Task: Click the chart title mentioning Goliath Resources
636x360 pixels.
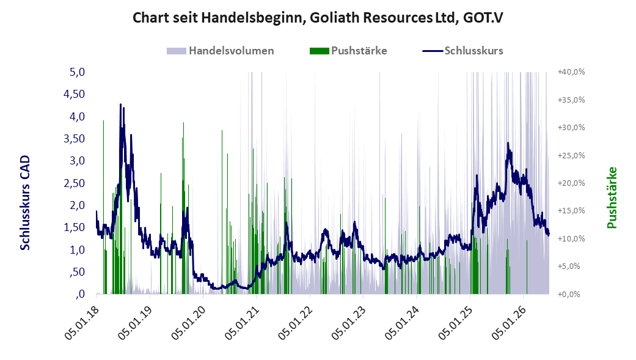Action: click(x=318, y=18)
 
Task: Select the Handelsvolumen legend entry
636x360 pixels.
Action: click(x=220, y=51)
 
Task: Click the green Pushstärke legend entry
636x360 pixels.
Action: click(x=348, y=51)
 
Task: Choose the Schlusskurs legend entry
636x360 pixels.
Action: click(x=463, y=51)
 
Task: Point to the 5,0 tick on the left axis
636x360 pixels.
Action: click(x=77, y=72)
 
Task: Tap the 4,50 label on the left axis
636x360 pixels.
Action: click(x=74, y=94)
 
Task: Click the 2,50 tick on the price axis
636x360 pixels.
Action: click(x=74, y=183)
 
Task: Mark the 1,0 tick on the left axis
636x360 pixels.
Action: click(x=77, y=249)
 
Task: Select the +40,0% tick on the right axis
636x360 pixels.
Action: click(x=571, y=72)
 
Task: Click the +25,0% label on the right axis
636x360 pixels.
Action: click(x=571, y=155)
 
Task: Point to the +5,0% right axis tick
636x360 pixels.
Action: click(x=569, y=266)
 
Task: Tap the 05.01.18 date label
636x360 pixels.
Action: click(x=81, y=323)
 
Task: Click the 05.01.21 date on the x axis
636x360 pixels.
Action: click(x=241, y=323)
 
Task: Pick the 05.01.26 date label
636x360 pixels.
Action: click(x=508, y=323)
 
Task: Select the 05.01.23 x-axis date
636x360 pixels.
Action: click(x=348, y=323)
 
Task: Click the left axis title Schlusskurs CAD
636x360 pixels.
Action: click(x=25, y=202)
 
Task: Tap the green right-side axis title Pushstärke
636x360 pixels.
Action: click(x=612, y=197)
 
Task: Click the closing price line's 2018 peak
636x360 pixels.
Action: click(x=120, y=105)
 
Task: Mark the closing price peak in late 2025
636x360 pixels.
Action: click(x=508, y=143)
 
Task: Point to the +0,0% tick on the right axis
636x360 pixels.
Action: click(x=569, y=294)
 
